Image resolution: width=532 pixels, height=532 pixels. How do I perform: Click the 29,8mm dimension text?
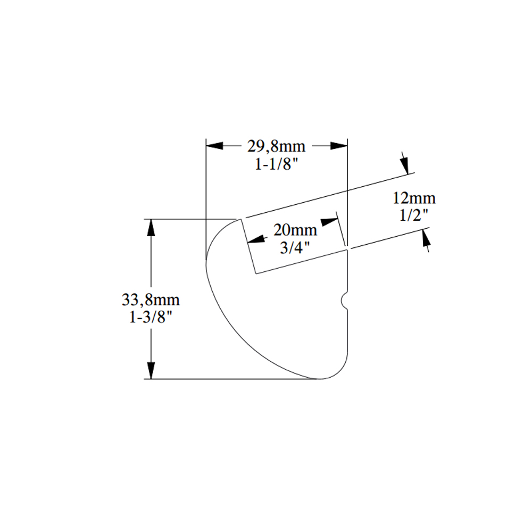[276, 146]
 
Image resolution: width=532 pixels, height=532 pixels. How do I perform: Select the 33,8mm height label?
[151, 300]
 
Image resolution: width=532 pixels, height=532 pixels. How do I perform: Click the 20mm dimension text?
[295, 230]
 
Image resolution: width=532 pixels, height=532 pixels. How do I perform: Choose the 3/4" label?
[295, 248]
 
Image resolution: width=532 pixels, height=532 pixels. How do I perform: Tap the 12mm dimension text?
[414, 198]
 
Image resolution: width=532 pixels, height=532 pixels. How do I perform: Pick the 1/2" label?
[414, 215]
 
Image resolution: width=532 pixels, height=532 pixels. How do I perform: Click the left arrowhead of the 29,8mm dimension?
[215, 146]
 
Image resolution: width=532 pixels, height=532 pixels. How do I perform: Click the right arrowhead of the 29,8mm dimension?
[339, 146]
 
